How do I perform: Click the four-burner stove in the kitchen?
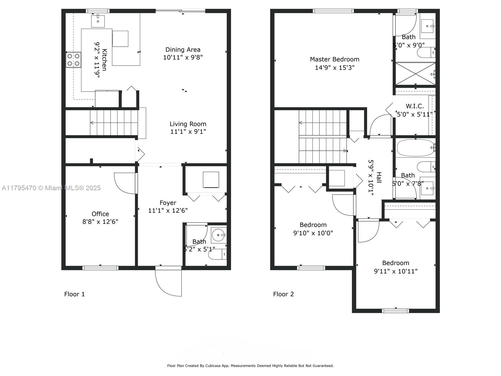(x=74, y=60)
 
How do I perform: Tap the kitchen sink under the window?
(x=98, y=21)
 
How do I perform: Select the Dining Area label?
(x=183, y=50)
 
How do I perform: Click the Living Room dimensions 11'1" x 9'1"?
(x=188, y=132)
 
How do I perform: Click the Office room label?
(x=100, y=214)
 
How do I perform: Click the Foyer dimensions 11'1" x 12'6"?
(x=168, y=211)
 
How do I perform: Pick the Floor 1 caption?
(x=75, y=294)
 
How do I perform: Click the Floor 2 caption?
(x=283, y=294)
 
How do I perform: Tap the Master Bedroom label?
(x=334, y=59)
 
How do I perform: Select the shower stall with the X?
(x=415, y=74)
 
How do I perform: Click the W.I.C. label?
(x=415, y=106)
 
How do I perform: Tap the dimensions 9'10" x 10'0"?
(x=313, y=233)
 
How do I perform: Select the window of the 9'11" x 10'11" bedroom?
(x=395, y=311)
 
